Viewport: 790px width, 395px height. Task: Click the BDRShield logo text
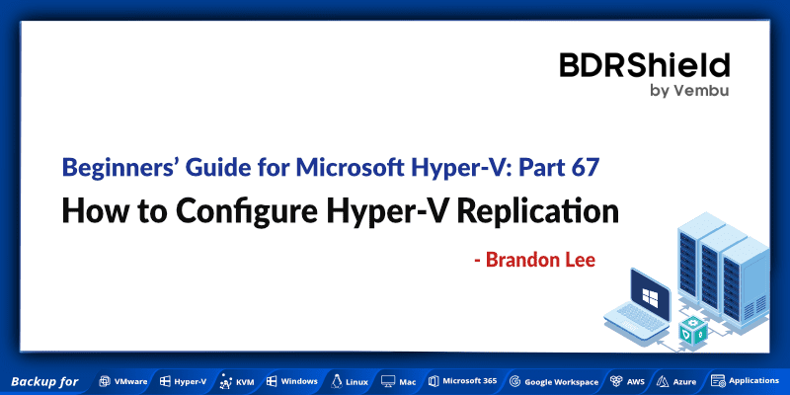tap(644, 66)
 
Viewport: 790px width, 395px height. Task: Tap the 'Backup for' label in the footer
tap(44, 381)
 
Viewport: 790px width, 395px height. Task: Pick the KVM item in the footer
tap(237, 381)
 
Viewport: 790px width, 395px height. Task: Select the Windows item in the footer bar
tap(291, 381)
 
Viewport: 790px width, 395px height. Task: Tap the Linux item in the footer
tap(350, 381)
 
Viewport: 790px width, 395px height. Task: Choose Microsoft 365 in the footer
tap(461, 381)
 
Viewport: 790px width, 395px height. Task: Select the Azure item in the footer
tap(677, 381)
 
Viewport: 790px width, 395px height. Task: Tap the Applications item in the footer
tap(746, 381)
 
